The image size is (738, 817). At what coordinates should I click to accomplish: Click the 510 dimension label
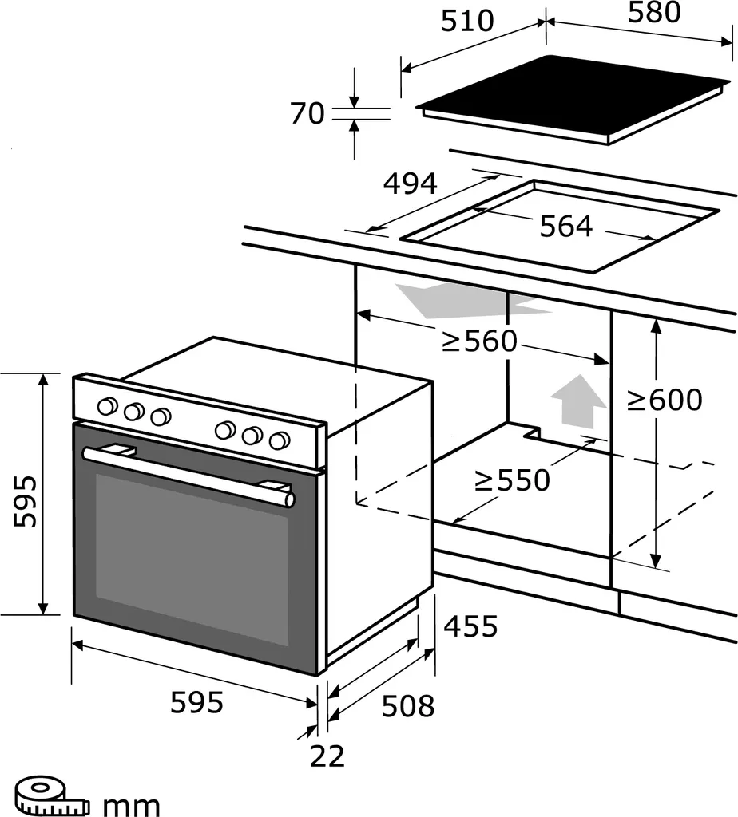pyautogui.click(x=467, y=21)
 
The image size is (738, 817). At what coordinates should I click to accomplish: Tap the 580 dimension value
pyautogui.click(x=653, y=12)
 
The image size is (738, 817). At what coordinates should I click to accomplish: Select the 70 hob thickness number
pyautogui.click(x=307, y=113)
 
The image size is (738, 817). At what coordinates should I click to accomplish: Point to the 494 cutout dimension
pyautogui.click(x=410, y=184)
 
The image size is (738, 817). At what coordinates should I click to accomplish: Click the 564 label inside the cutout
pyautogui.click(x=565, y=227)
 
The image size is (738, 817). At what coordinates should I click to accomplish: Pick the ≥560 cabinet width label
pyautogui.click(x=480, y=342)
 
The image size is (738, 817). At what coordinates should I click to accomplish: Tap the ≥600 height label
pyautogui.click(x=664, y=400)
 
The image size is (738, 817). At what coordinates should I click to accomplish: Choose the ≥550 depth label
pyautogui.click(x=512, y=480)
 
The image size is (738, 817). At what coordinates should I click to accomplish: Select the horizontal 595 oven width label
pyautogui.click(x=196, y=703)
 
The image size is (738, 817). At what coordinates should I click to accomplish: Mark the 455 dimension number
pyautogui.click(x=470, y=626)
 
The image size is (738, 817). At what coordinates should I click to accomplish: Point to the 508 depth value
pyautogui.click(x=407, y=705)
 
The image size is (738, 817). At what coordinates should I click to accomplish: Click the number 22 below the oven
pyautogui.click(x=327, y=755)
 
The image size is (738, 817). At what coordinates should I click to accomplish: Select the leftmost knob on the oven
pyautogui.click(x=106, y=407)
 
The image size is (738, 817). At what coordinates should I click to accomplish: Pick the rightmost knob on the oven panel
pyautogui.click(x=279, y=440)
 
